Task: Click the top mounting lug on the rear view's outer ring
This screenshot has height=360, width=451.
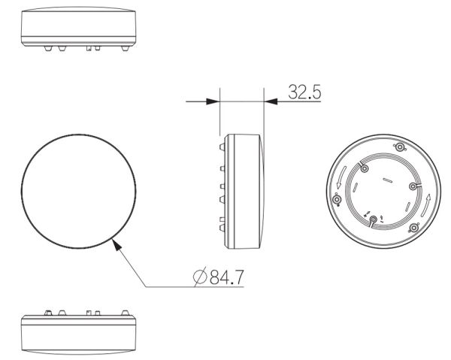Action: click(x=399, y=147)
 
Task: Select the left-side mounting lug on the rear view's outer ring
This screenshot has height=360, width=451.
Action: click(x=336, y=200)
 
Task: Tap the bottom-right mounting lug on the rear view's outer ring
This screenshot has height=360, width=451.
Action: click(x=413, y=228)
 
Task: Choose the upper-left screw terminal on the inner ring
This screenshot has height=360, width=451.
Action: click(x=364, y=170)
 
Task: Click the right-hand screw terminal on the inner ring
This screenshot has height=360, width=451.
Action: click(x=413, y=186)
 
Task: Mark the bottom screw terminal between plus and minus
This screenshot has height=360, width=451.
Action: click(x=374, y=219)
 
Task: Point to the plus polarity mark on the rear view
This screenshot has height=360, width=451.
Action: click(x=366, y=215)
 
